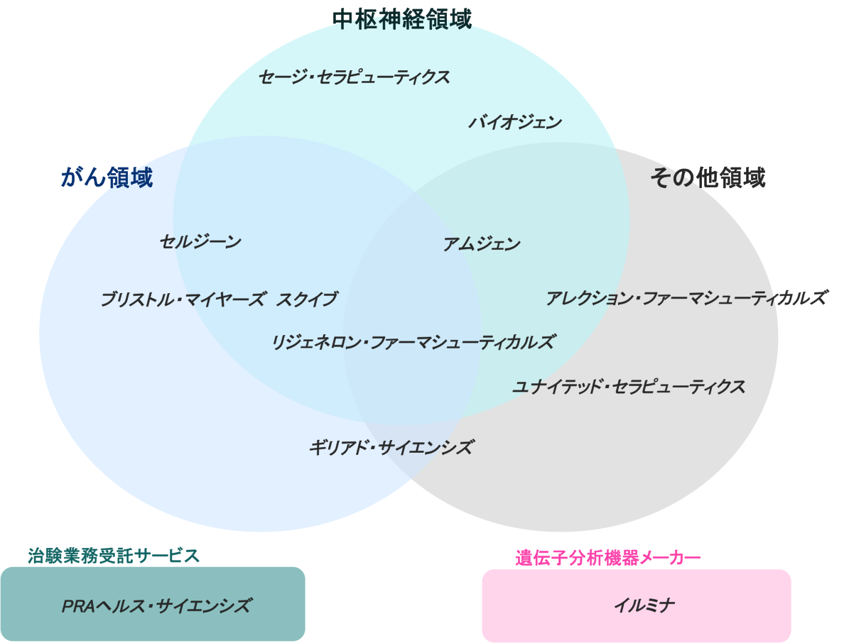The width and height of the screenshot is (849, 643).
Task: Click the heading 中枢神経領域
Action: pos(401,19)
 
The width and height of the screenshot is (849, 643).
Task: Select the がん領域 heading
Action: pos(107,177)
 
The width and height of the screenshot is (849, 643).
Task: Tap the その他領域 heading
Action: pos(708,177)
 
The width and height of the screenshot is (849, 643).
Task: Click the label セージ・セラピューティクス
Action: pos(354,77)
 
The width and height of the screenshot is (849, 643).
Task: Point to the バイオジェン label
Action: pos(515,123)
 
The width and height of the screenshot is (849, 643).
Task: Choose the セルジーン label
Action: pos(200,242)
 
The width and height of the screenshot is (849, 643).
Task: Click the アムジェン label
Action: pos(482,244)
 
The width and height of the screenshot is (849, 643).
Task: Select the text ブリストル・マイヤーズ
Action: pos(183,299)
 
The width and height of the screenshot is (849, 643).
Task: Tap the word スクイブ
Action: pos(307,299)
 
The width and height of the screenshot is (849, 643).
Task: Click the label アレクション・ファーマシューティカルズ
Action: pos(686,298)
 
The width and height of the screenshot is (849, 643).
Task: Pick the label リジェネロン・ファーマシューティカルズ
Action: pos(413,342)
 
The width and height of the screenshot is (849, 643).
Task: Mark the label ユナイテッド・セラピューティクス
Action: pos(629,387)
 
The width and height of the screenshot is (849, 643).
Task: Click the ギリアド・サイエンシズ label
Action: pos(391,447)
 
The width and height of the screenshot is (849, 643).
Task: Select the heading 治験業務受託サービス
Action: pos(114,556)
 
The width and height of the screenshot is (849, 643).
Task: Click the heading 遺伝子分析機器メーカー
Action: pos(608,558)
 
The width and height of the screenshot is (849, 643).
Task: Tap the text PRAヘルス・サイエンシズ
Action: pos(156,605)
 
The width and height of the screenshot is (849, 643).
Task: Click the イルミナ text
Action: pos(644,605)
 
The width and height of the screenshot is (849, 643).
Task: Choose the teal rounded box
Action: pos(153,604)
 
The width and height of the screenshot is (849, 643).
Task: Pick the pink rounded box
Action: pos(637,605)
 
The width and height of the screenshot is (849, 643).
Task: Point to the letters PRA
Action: pos(79,606)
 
